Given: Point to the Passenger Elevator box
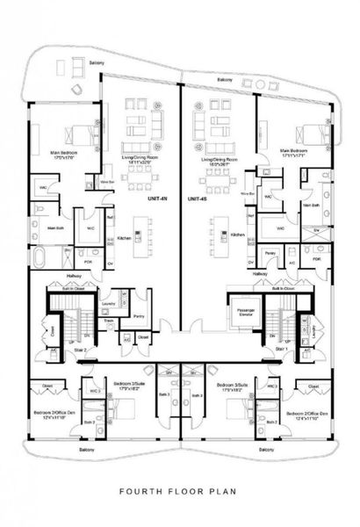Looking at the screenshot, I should click(240, 312).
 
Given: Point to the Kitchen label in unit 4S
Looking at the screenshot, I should click(237, 235).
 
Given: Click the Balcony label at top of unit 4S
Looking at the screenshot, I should click(225, 82).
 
